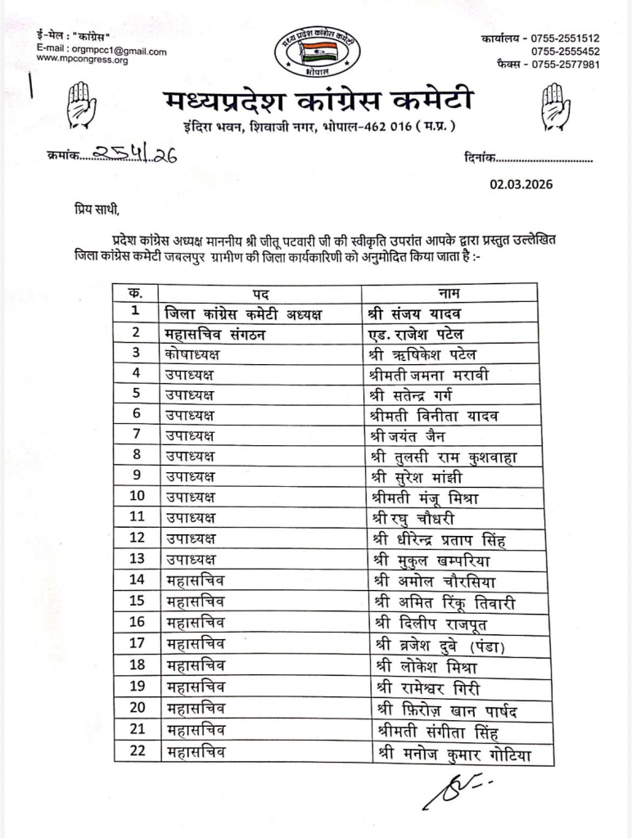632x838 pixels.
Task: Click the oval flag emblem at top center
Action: [316, 52]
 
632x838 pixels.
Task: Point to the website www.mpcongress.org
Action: [82, 61]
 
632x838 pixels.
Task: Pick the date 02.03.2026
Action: [521, 184]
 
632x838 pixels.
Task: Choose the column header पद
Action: [260, 292]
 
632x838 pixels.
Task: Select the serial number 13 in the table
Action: [136, 560]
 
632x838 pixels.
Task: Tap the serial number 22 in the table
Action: [136, 750]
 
